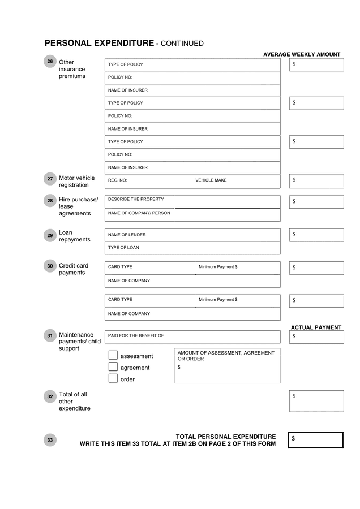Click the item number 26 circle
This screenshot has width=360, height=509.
click(50, 62)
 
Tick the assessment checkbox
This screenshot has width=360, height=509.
click(113, 355)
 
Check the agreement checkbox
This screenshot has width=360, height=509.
click(113, 367)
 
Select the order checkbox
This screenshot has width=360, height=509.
click(113, 378)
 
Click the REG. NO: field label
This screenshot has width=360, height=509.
click(118, 180)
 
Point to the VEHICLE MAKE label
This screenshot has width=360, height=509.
click(211, 180)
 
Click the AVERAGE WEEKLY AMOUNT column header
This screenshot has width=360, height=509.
click(302, 54)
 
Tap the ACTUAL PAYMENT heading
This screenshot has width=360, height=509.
click(316, 327)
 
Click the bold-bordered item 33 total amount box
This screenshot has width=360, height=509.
click(315, 439)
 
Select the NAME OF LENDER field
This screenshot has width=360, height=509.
click(192, 235)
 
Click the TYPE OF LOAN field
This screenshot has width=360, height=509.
click(192, 248)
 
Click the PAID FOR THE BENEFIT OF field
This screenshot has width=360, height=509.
click(192, 336)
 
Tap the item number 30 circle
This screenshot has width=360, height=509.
click(50, 266)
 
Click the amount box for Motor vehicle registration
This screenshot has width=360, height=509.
click(316, 181)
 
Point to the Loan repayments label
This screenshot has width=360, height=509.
click(74, 236)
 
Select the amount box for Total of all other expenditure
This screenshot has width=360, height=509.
click(316, 400)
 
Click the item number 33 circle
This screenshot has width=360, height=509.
click(50, 439)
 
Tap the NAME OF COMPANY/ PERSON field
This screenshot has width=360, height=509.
click(192, 214)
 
